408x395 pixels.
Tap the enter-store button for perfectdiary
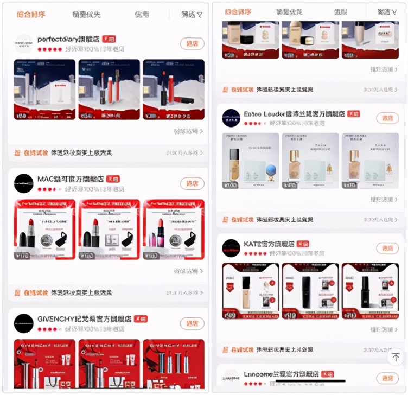tap(192, 44)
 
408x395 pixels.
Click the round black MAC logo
tap(24, 183)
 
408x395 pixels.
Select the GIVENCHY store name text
tap(84, 319)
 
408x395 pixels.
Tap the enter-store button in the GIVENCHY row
tap(192, 323)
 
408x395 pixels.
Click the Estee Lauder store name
tap(294, 114)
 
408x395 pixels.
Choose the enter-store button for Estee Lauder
tap(387, 118)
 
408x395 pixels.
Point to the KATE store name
tap(269, 244)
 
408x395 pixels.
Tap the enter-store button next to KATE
tap(387, 249)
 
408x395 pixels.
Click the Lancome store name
tap(281, 374)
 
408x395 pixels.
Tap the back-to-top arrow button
tap(396, 357)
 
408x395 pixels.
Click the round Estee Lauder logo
tap(231, 118)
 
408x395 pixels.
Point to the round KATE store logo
tap(231, 248)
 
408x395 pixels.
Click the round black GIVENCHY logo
tap(24, 323)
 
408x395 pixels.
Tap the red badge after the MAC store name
tap(113, 179)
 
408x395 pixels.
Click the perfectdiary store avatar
tap(24, 43)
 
